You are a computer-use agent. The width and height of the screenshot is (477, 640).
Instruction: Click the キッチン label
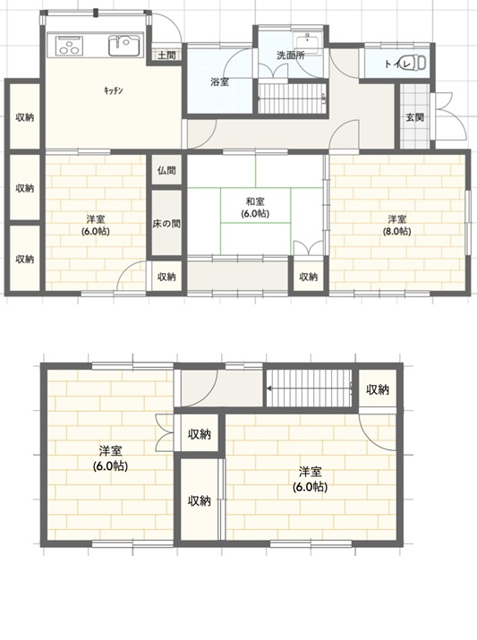[113, 90]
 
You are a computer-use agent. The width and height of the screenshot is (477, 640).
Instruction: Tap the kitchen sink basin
[124, 46]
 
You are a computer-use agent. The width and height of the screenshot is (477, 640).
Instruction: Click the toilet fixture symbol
[416, 63]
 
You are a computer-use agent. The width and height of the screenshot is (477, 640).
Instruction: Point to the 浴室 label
[219, 82]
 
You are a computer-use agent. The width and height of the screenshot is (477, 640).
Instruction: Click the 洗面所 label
[291, 55]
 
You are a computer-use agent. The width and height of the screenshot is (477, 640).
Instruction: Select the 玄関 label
[414, 117]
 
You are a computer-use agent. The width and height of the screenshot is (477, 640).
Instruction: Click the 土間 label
[166, 55]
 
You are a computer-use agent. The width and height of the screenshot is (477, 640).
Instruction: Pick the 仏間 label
[166, 170]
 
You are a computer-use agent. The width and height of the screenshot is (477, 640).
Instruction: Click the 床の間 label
[166, 224]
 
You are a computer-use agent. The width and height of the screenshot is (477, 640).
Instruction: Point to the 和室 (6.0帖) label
[255, 207]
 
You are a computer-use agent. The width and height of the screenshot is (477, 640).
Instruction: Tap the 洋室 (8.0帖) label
[396, 225]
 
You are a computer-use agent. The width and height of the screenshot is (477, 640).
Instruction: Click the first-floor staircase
[293, 98]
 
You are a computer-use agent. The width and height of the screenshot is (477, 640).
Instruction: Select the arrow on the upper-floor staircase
[310, 388]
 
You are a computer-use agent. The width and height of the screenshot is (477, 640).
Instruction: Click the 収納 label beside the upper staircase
[378, 389]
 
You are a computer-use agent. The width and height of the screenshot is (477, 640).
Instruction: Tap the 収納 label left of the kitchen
[24, 117]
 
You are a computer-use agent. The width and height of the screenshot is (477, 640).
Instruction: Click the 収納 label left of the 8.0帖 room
[309, 277]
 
